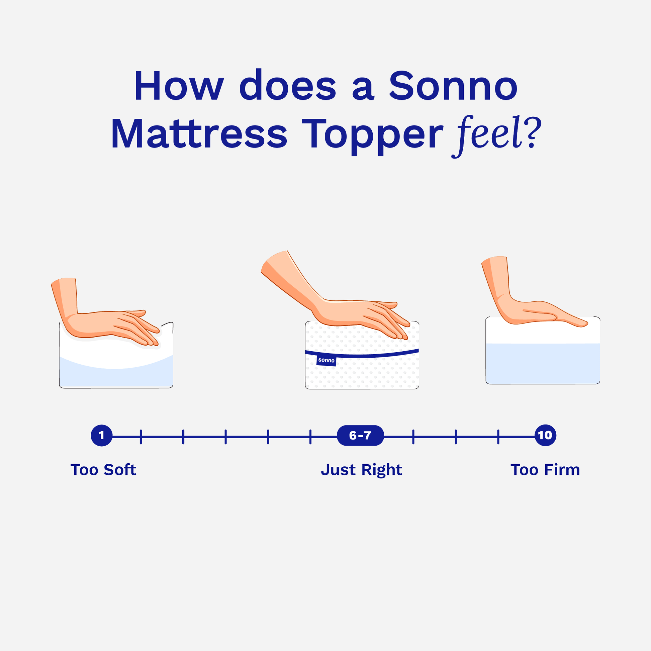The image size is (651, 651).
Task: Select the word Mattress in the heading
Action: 199,133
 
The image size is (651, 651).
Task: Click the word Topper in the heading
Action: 372,136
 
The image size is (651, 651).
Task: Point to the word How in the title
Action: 179,86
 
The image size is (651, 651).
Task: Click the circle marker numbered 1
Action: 101,435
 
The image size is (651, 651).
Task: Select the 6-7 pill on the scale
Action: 360,435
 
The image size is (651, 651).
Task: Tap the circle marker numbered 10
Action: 545,435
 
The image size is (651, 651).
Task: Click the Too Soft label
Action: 103,470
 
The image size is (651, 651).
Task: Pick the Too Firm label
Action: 545,470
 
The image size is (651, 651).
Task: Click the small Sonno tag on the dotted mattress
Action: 326,361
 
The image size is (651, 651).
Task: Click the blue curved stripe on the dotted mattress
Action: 362,355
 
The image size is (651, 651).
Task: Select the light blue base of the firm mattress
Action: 543,364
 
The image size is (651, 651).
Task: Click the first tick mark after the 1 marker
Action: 141,437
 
